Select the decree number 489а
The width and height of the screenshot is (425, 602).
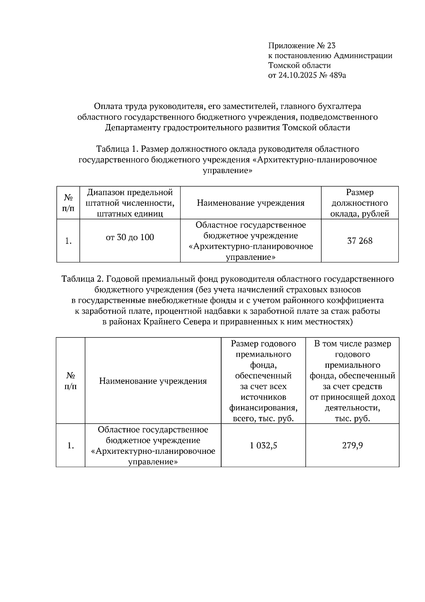[336, 75]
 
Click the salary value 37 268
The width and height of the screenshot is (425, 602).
[359, 241]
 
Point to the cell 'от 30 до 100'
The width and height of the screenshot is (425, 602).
[130, 238]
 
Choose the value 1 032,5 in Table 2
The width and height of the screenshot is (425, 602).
[263, 446]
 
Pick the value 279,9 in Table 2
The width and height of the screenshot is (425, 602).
[352, 446]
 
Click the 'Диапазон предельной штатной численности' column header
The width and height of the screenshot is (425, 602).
[130, 203]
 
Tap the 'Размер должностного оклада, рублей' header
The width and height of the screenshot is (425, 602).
[359, 203]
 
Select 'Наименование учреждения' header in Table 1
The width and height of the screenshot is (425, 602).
[250, 203]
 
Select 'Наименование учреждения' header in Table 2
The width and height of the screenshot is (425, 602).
[153, 381]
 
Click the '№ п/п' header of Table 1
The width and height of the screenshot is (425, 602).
[68, 203]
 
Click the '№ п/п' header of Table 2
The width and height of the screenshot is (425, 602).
[70, 381]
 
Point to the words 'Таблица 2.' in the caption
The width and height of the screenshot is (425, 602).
[83, 279]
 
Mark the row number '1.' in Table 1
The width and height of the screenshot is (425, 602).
[68, 241]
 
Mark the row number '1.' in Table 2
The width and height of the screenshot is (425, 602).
[70, 446]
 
